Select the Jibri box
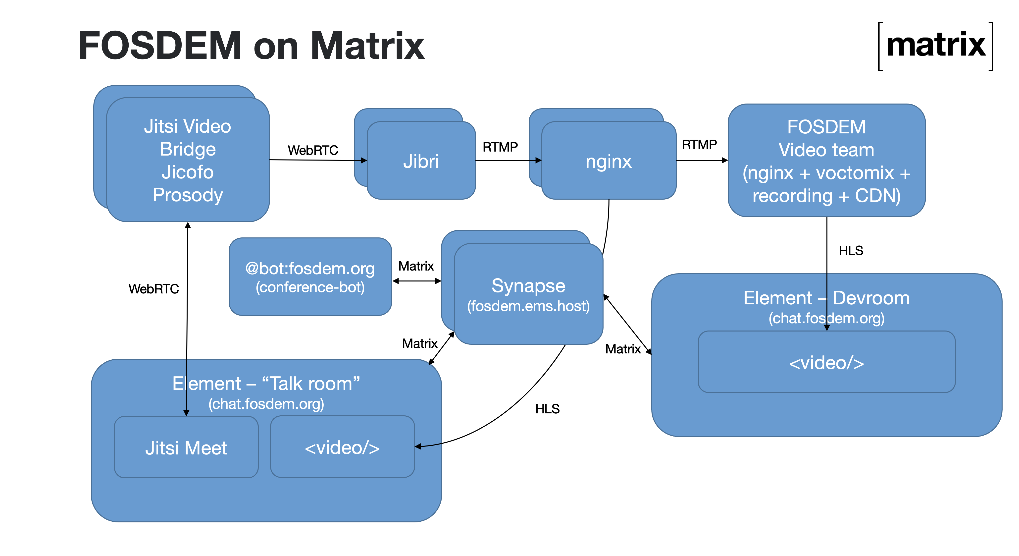tap(421, 161)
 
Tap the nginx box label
tap(609, 161)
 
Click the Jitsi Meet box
tap(186, 447)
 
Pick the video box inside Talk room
tap(342, 447)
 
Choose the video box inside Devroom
tap(826, 362)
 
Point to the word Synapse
tap(528, 286)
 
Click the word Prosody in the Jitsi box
tap(188, 195)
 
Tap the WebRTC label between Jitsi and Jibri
tap(313, 150)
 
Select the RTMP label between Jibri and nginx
tap(500, 147)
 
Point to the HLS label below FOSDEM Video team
tap(851, 250)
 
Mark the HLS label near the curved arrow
tap(548, 409)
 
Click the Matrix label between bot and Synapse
tap(416, 266)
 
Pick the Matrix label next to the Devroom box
tap(623, 349)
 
